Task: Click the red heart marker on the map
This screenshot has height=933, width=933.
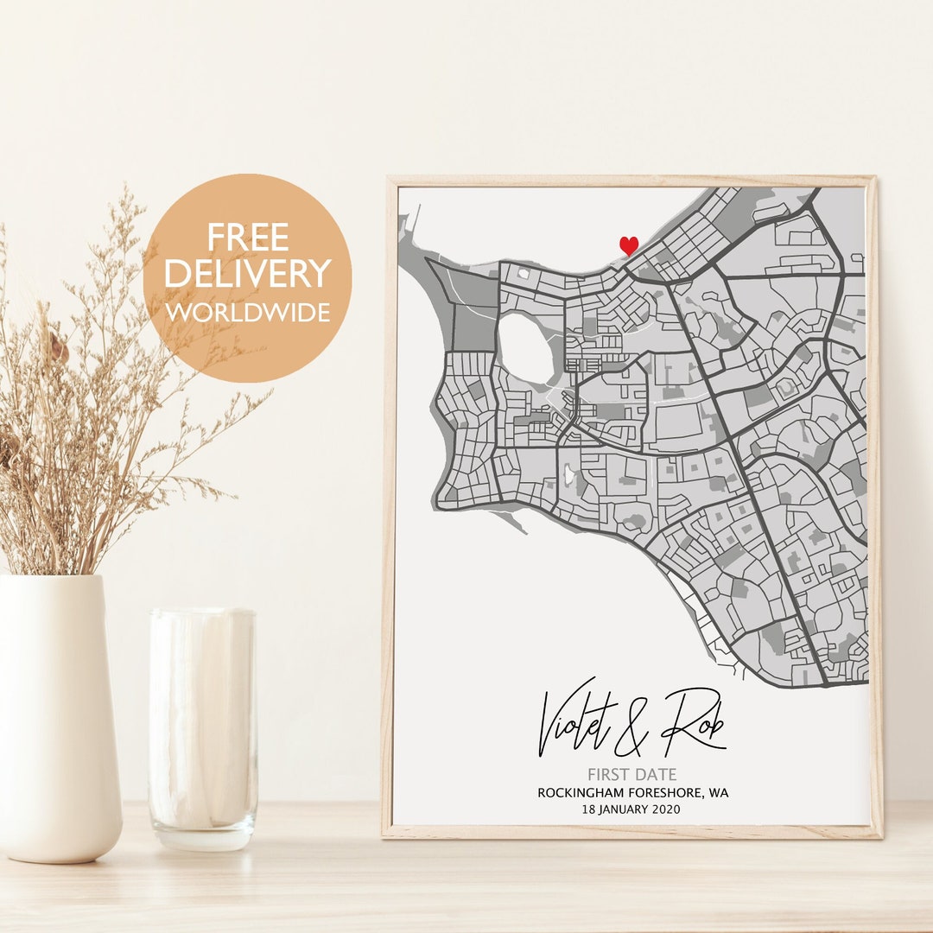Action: [x=629, y=246]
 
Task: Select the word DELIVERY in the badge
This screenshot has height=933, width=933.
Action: [x=247, y=273]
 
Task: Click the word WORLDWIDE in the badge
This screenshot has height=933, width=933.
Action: [x=248, y=312]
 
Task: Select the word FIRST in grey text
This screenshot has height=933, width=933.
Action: [x=610, y=775]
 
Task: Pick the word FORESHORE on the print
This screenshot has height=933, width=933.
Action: [x=668, y=793]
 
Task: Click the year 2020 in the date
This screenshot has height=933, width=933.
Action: [x=665, y=809]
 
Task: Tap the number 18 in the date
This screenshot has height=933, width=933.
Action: [x=590, y=809]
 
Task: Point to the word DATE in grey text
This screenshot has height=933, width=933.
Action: [x=657, y=775]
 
